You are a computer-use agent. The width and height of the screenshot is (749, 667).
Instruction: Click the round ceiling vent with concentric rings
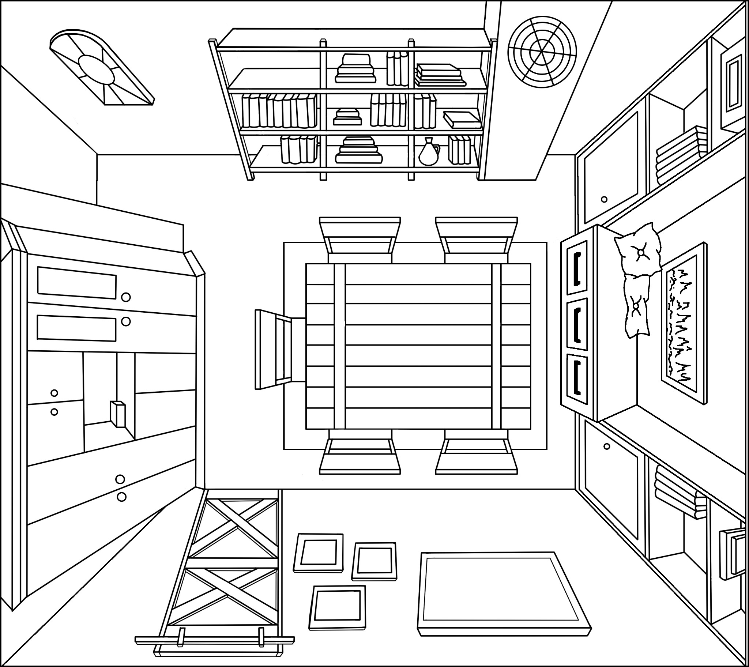click(542, 52)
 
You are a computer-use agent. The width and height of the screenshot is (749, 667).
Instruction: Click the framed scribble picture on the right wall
click(683, 323)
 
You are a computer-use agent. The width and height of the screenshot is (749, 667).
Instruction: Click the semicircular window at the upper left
click(101, 68)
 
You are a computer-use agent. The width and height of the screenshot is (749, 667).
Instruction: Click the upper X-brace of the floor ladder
click(234, 528)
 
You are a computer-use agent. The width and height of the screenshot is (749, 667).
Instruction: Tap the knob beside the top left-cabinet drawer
click(126, 297)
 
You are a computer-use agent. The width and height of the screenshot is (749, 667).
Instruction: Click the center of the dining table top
click(418, 346)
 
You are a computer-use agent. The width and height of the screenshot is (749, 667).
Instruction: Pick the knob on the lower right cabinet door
click(607, 446)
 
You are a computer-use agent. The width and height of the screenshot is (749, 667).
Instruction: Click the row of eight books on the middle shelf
click(279, 110)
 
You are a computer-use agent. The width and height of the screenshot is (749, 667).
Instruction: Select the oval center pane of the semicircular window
click(97, 69)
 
